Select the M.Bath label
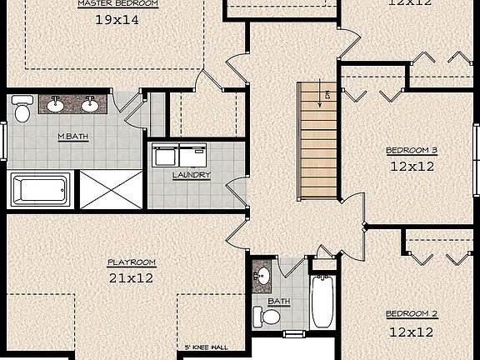(73, 137)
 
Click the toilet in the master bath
(22, 107)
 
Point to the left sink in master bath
(56, 104)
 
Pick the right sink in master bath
(89, 104)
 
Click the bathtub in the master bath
(41, 188)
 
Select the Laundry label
(191, 175)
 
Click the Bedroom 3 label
(412, 151)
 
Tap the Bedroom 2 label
(412, 314)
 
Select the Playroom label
(131, 262)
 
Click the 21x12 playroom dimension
(131, 278)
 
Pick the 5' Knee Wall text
(206, 347)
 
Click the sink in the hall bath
(261, 274)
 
